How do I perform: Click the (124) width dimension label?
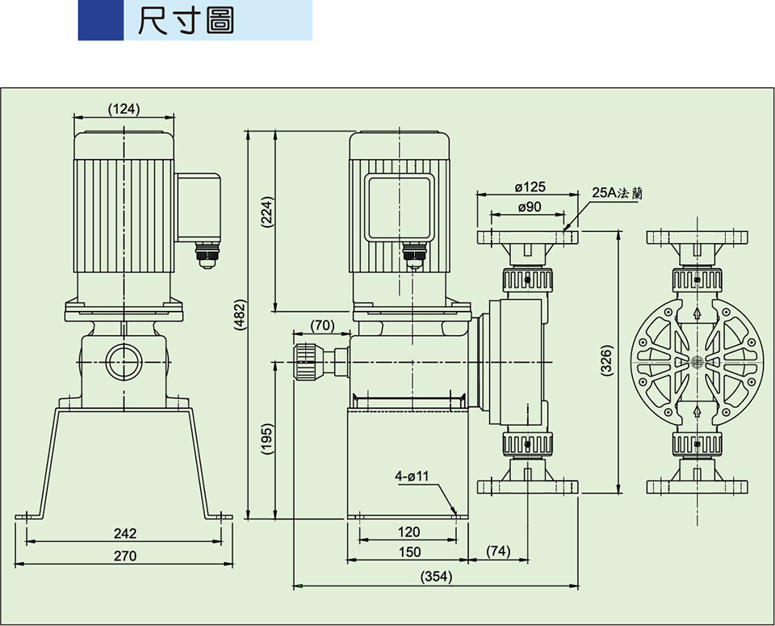point(124,109)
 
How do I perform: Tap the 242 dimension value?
point(125,534)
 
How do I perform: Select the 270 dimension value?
point(125,557)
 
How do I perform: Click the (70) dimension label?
point(322,326)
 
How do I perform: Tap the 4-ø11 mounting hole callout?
point(412,477)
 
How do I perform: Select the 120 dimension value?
point(409,532)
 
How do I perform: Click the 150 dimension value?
point(409,552)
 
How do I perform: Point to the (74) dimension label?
point(499,552)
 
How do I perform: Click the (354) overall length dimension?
point(436,577)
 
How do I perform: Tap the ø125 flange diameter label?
point(530,187)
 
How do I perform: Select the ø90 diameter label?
point(528,208)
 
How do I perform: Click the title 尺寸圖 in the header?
point(186,21)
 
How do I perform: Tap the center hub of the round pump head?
point(696,361)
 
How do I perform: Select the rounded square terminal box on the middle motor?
point(399,208)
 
